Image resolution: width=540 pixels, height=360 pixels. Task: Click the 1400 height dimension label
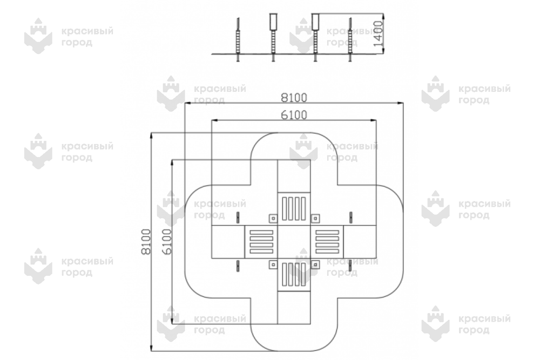point(378,33)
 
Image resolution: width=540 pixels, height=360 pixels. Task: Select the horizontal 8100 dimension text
point(294,98)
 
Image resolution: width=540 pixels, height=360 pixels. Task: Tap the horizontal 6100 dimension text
point(294,115)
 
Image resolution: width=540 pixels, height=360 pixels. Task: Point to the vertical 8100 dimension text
point(146,242)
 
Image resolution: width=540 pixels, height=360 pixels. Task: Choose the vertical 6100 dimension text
point(166,242)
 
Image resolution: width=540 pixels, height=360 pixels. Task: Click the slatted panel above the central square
point(294,208)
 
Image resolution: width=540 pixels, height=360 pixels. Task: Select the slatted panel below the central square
point(294,274)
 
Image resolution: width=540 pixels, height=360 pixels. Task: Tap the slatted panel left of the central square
point(261,242)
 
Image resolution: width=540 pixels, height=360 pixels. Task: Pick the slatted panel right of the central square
point(327,242)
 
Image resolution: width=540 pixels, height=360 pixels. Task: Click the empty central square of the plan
point(294,242)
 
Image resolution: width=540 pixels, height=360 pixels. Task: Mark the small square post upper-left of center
point(273,218)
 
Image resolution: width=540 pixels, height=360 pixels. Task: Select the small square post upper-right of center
point(315,218)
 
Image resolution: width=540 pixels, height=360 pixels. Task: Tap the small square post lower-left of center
point(273,264)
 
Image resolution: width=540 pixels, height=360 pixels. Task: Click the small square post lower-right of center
point(315,264)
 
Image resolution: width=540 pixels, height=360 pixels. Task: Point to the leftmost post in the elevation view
point(238,40)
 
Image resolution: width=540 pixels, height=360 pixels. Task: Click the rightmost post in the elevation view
point(350,40)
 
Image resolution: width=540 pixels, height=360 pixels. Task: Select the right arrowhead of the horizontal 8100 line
point(400,103)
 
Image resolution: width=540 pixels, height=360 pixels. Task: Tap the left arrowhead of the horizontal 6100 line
point(214,120)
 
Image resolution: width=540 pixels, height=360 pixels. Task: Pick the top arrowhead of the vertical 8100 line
point(151,137)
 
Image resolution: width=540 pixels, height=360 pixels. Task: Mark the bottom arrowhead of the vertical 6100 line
point(172,321)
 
